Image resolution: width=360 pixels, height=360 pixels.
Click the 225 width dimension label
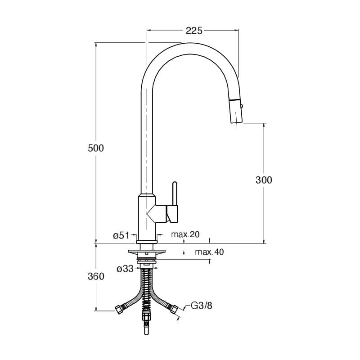coord(194,31)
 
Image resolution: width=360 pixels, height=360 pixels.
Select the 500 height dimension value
coord(96,148)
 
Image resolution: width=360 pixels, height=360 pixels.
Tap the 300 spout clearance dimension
coord(264,180)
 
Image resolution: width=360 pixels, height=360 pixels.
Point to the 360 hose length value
coord(96,276)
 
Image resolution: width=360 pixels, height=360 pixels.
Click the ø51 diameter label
coord(121,235)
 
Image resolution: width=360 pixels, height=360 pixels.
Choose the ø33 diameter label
coord(125,269)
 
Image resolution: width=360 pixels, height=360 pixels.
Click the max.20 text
coord(185,234)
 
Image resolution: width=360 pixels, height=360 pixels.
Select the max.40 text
coord(209,252)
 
